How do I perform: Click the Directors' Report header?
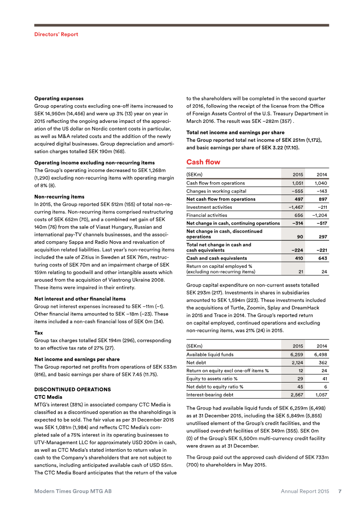pyautogui.click(x=56, y=34)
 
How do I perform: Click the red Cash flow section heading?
pyautogui.click(x=203, y=162)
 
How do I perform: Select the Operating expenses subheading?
pyautogui.click(x=59, y=98)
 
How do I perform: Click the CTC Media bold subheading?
pyautogui.click(x=48, y=397)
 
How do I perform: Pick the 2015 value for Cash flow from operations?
pyautogui.click(x=296, y=183)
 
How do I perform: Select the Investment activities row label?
pyautogui.click(x=209, y=207)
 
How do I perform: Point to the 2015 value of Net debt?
pyautogui.click(x=297, y=362)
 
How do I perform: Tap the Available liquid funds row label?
pyautogui.click(x=210, y=355)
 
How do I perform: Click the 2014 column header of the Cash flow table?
pyautogui.click(x=322, y=174)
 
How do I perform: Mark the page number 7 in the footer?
pyautogui.click(x=340, y=491)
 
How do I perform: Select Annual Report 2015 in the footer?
pyautogui.click(x=305, y=491)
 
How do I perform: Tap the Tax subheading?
pyautogui.click(x=39, y=333)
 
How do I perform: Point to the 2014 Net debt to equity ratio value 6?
pyautogui.click(x=325, y=387)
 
